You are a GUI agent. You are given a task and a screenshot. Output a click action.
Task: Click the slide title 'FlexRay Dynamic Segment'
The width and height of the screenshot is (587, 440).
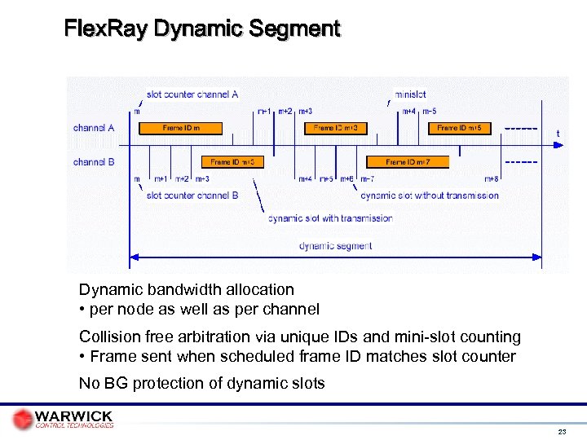click(x=202, y=29)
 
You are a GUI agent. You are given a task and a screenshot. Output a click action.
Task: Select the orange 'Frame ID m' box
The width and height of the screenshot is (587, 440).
click(x=180, y=128)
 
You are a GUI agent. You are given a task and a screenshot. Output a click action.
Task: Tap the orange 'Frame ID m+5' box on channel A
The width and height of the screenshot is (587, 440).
click(x=459, y=128)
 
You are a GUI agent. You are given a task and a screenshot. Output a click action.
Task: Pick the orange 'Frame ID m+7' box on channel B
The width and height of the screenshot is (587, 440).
click(x=407, y=162)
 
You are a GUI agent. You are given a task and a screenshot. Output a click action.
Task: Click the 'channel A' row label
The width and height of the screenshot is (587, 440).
click(x=94, y=128)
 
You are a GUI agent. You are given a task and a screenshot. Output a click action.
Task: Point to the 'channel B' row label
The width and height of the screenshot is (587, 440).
click(x=94, y=162)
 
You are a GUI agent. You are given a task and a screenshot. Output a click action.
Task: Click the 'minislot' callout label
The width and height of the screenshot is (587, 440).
click(x=410, y=94)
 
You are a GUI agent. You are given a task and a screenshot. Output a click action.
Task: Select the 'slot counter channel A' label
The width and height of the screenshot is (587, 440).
click(x=192, y=94)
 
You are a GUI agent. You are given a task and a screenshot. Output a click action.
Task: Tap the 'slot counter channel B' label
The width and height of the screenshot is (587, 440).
click(x=192, y=196)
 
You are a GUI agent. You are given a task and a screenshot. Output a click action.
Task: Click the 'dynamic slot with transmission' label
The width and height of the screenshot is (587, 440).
click(x=330, y=218)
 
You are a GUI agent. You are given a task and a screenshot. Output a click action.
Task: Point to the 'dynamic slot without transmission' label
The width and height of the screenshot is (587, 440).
click(x=430, y=196)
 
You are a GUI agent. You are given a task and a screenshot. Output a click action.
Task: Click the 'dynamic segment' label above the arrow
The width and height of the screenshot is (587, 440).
click(x=335, y=245)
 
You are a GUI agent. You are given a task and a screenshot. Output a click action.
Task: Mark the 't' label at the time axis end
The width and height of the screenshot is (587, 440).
click(x=558, y=133)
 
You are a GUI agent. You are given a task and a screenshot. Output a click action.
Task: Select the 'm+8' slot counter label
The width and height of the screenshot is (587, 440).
click(x=492, y=179)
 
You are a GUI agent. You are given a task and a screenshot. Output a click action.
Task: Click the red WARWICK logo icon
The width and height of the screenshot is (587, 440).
click(x=23, y=419)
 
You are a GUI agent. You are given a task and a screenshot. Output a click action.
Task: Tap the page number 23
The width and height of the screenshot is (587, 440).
click(x=562, y=431)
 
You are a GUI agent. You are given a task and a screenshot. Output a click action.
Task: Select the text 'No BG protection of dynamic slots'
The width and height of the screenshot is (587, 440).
click(x=201, y=384)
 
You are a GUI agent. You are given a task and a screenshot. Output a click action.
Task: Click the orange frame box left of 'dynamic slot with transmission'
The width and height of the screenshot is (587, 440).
click(x=232, y=162)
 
